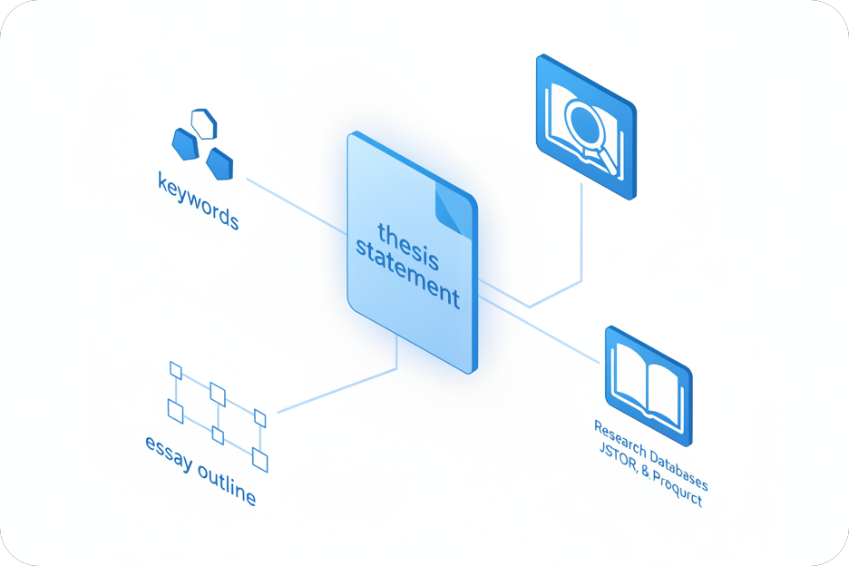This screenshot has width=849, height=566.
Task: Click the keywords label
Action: [x=198, y=202]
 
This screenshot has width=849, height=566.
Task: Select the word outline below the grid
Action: [x=226, y=483]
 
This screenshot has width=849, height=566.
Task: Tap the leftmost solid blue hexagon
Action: [x=185, y=142]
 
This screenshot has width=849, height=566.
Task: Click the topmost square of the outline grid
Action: [x=176, y=370]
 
